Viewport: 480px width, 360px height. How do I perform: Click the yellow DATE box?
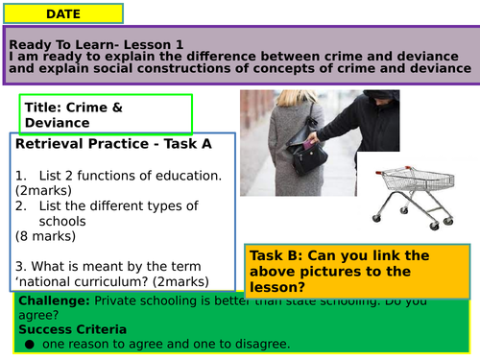pyautogui.click(x=63, y=13)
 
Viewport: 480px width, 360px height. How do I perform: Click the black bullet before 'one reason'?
pyautogui.click(x=30, y=345)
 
